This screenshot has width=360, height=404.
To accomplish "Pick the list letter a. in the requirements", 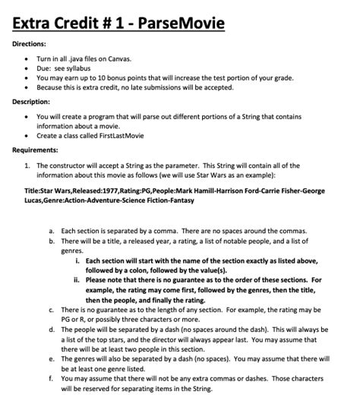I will (x=51, y=230).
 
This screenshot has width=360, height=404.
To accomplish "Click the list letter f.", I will (x=51, y=377).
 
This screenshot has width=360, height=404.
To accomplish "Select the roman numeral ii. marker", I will (x=77, y=279).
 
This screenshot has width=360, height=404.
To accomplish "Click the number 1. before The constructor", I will (x=27, y=163).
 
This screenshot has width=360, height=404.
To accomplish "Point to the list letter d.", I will (x=51, y=329).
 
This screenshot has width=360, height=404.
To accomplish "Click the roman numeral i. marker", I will (x=78, y=260).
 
